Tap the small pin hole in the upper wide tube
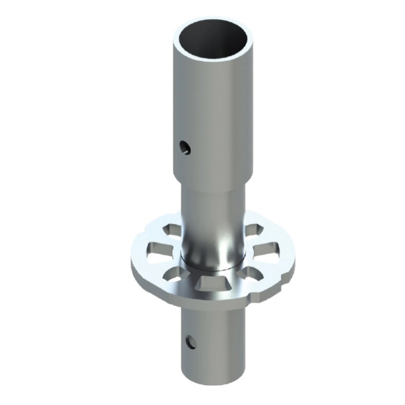click(x=185, y=147)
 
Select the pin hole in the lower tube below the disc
click(x=192, y=341)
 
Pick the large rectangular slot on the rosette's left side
click(x=159, y=250)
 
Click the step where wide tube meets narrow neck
click(x=212, y=186)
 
